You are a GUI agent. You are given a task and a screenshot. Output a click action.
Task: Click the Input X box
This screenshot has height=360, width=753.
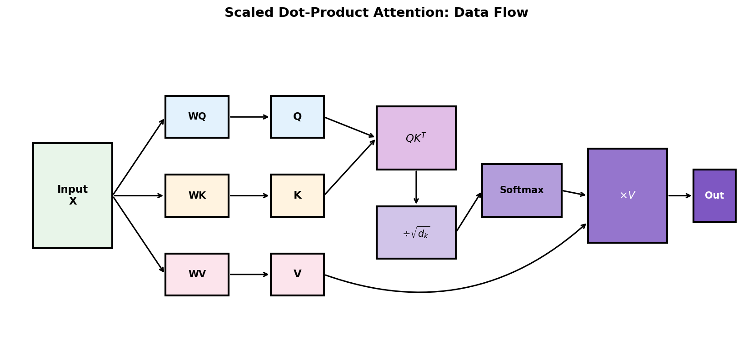[72, 195]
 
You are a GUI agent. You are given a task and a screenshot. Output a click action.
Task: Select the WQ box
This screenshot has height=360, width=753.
[197, 117]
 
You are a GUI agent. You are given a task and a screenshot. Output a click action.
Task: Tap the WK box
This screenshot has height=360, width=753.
[197, 195]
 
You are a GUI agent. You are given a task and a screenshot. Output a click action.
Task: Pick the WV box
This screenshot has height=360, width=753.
[197, 274]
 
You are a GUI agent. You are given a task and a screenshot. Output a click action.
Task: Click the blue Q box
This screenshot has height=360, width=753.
[297, 117]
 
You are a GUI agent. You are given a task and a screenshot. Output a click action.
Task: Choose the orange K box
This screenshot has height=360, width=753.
[297, 195]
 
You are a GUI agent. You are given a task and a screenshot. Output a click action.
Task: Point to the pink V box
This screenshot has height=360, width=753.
[297, 274]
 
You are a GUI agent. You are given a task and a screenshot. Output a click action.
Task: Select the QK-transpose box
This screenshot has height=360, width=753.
[416, 138]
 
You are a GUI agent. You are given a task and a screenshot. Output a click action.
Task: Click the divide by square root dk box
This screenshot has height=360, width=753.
[416, 232]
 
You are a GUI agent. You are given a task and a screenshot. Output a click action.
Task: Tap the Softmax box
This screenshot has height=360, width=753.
[522, 190]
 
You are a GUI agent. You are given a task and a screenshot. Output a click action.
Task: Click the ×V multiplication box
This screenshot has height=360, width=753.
[627, 195]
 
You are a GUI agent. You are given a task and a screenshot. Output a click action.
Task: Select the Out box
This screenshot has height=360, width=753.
[714, 195]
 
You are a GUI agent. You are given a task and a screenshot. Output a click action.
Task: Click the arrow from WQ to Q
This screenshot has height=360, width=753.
[249, 117]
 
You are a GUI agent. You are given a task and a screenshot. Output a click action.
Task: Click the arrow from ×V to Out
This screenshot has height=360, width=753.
[679, 195]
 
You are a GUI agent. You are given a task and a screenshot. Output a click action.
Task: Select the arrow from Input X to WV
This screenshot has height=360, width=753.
[138, 235]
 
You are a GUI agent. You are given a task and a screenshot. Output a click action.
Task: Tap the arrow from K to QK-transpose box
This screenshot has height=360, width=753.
[349, 167]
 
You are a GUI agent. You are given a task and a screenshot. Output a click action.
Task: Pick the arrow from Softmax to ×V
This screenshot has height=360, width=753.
[574, 193]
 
